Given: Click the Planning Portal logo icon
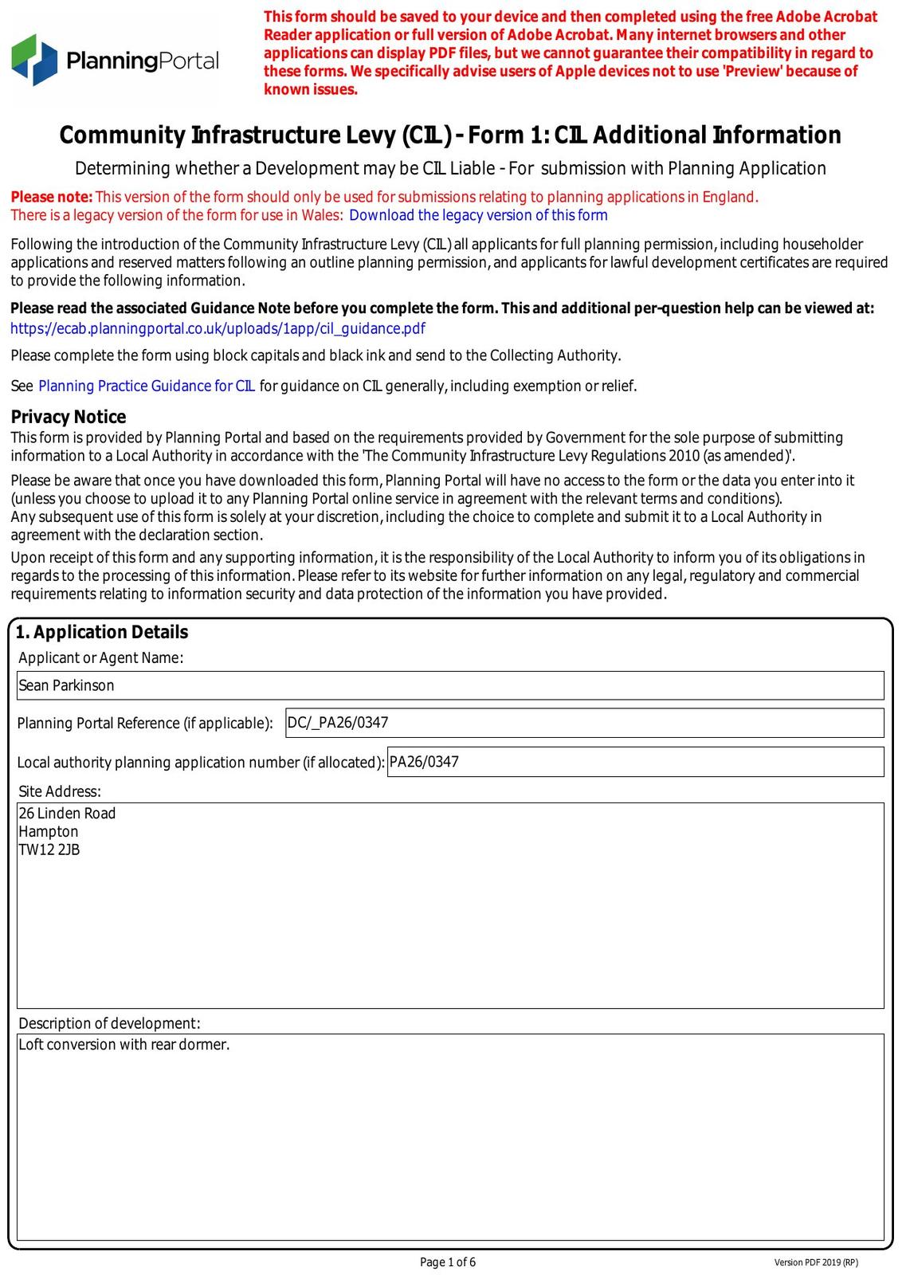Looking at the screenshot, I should tap(35, 60).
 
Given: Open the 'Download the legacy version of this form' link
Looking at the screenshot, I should tap(478, 215).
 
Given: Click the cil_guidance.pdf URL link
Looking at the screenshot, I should tap(218, 328).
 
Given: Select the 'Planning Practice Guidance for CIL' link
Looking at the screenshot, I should tap(147, 386).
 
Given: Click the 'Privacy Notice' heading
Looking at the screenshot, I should tap(69, 417).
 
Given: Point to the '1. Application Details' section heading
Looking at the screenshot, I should tap(102, 632).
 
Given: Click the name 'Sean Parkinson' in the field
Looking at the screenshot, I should tap(66, 685).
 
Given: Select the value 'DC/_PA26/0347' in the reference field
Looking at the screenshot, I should tap(338, 723).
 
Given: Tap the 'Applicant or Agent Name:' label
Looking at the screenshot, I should tap(101, 657).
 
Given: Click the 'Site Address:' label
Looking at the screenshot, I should tap(60, 791).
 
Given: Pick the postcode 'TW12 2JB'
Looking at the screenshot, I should tap(49, 849).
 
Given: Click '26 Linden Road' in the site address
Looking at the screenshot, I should tap(67, 813).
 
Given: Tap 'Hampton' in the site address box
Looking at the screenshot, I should tap(49, 831).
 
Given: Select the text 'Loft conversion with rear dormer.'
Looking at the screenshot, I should tap(124, 1044).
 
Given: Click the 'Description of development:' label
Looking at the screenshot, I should tap(109, 1023).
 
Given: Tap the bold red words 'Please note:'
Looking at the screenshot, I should tap(52, 197).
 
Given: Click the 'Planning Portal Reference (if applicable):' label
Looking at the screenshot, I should tap(145, 724).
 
